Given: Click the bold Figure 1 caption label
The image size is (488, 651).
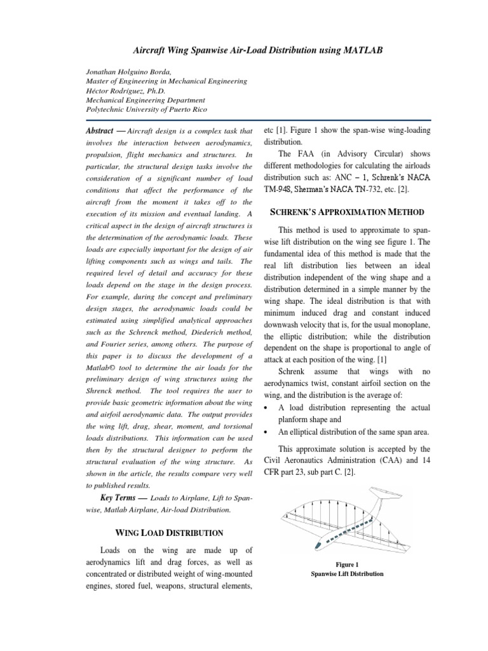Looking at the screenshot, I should click(347, 564).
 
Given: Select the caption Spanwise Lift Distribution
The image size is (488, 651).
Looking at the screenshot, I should click(347, 574).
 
